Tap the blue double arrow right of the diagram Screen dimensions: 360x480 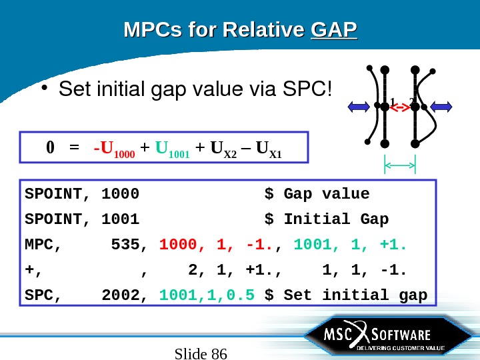click(441, 106)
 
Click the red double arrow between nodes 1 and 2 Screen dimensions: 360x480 click(399, 107)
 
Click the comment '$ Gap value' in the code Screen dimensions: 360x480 click(317, 194)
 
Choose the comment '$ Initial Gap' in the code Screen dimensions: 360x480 click(327, 219)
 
